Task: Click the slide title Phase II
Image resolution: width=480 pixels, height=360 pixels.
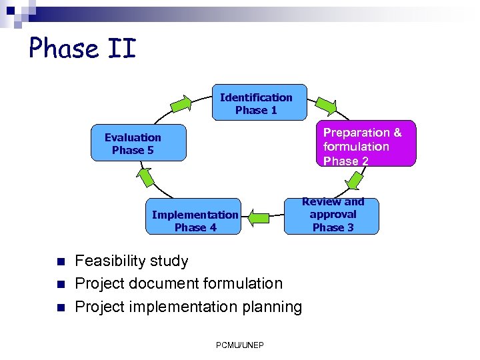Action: (x=82, y=49)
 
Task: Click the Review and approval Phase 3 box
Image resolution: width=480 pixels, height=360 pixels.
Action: (x=331, y=215)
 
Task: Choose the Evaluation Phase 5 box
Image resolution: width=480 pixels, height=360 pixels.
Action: (x=138, y=144)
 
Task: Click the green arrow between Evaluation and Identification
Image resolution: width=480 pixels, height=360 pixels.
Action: (x=181, y=104)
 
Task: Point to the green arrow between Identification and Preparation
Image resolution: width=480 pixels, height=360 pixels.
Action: (x=326, y=104)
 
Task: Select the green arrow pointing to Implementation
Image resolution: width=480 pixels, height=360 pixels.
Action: (x=259, y=217)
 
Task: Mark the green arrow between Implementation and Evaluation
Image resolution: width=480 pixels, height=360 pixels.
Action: (x=143, y=175)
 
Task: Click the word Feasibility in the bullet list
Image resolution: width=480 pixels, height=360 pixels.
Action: (x=112, y=261)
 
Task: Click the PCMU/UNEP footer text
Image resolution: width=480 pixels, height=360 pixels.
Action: (x=240, y=345)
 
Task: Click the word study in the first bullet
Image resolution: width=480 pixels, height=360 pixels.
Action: (x=171, y=261)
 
